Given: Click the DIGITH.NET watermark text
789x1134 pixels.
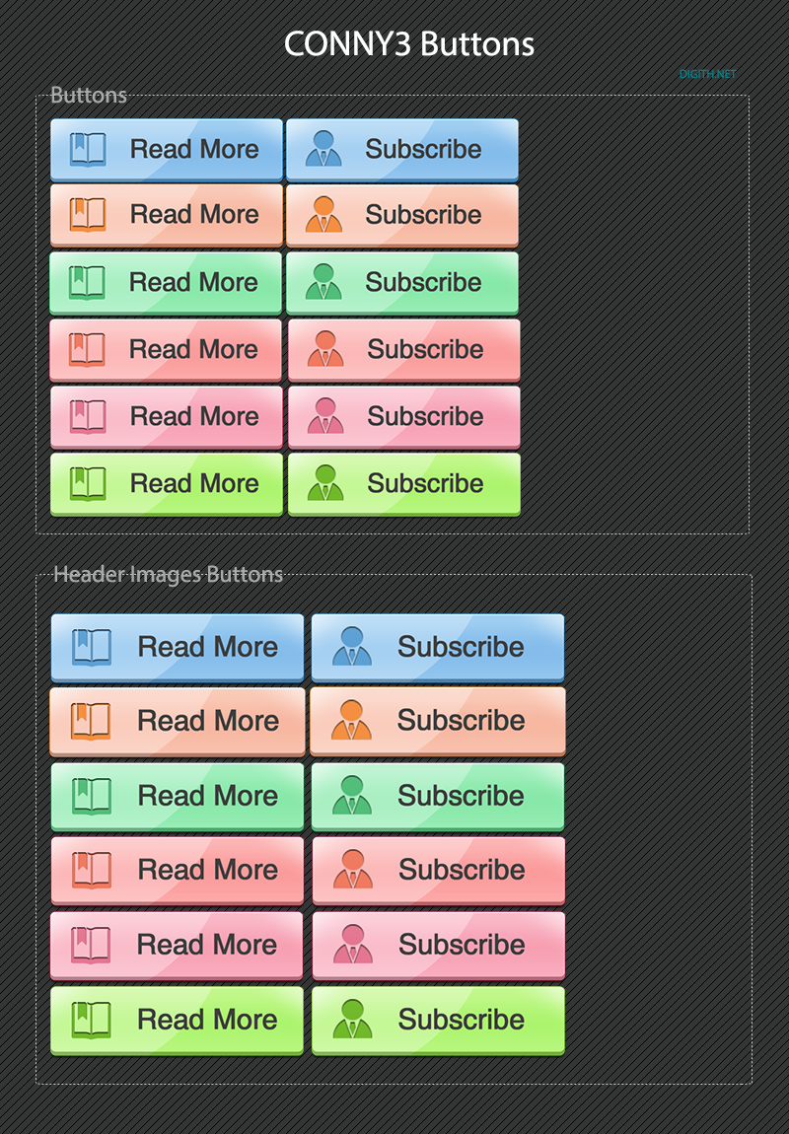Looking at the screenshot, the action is click(707, 74).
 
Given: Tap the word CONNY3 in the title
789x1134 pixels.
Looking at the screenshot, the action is click(348, 44).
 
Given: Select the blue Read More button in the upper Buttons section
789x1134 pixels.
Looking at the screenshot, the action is click(167, 150).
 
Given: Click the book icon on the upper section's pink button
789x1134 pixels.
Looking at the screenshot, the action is click(88, 416).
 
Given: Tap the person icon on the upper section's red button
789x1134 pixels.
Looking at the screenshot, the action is click(325, 349).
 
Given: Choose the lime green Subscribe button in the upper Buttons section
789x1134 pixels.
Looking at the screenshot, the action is click(403, 484).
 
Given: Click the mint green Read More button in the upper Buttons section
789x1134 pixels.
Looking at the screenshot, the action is click(166, 283).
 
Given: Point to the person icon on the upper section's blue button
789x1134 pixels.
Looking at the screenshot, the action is click(323, 148).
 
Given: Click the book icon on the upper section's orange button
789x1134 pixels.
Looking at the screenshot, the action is click(88, 215).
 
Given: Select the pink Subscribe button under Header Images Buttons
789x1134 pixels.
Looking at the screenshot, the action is click(438, 946).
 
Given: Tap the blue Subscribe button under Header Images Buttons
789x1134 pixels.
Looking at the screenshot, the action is click(438, 648).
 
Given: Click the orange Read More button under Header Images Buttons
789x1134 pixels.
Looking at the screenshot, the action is click(178, 722).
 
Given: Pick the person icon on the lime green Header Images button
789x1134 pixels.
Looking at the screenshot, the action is click(352, 1019).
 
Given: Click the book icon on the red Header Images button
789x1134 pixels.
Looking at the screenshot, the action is click(92, 870).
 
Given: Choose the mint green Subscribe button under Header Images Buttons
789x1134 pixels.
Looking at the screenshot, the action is click(438, 796).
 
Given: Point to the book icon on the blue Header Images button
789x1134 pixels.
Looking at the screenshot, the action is click(92, 647).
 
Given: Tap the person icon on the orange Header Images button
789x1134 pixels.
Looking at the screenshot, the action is click(351, 720).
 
